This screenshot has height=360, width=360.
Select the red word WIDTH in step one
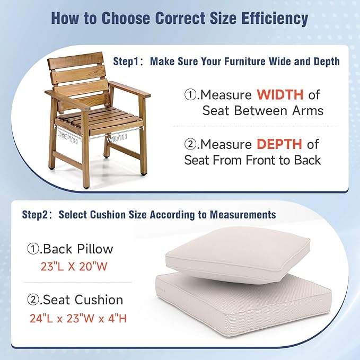(280, 95)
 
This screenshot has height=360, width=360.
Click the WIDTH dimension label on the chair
(117, 138)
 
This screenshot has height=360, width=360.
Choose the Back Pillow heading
(71, 249)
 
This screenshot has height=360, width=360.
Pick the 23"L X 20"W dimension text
(74, 267)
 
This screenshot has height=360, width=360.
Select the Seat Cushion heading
(75, 300)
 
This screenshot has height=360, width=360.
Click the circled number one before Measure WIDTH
(190, 95)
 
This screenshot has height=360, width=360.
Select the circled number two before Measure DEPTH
(190, 144)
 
